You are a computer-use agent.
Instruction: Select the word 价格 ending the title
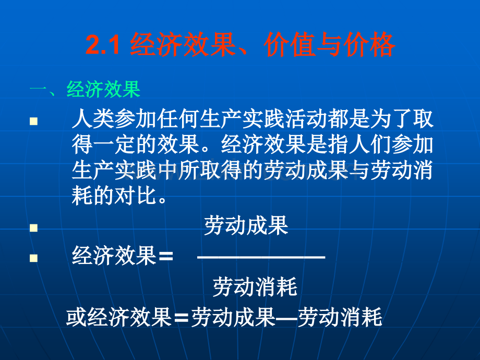[370, 46]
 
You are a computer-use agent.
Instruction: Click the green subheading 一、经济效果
[85, 90]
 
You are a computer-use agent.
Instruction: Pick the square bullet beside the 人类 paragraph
[34, 121]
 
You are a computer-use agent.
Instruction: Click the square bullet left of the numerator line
[34, 228]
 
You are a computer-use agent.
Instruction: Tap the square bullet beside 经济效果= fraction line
[34, 258]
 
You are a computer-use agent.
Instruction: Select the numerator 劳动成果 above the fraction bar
[246, 226]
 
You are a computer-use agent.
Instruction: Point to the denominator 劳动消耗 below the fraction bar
[255, 287]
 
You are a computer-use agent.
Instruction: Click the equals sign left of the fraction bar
[165, 257]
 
